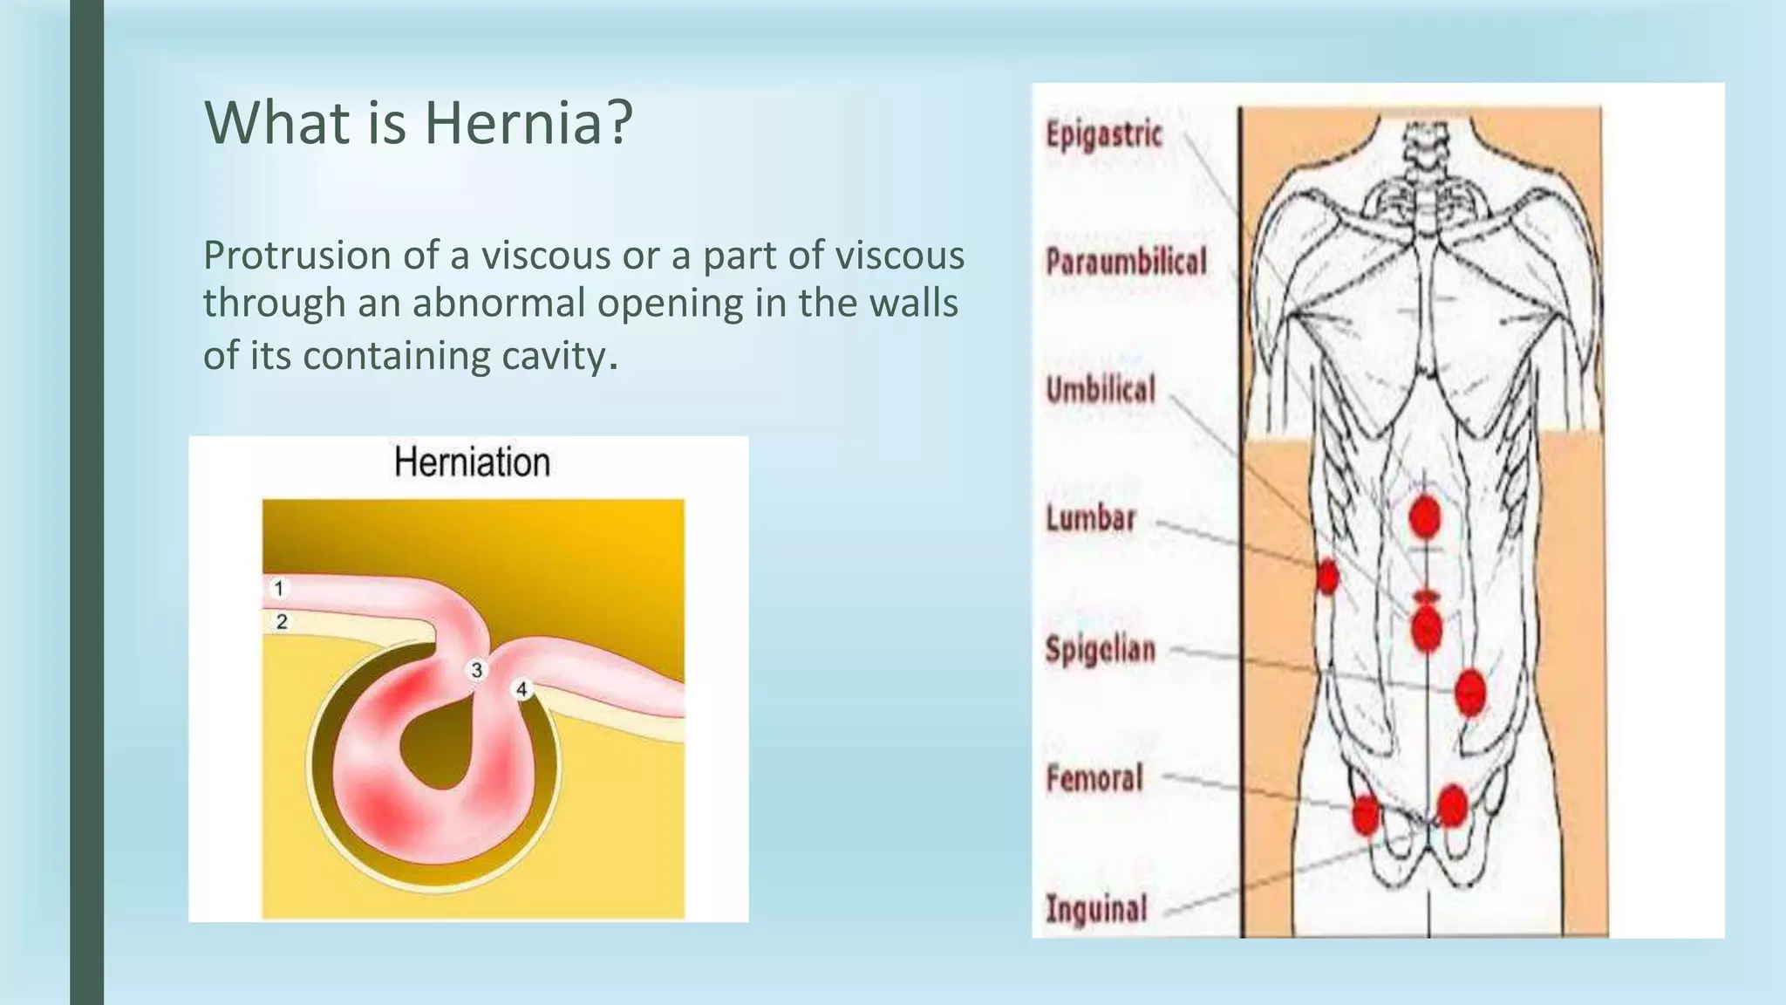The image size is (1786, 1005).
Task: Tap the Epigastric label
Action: point(1104,135)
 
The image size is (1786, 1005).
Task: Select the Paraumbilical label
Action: point(1126,261)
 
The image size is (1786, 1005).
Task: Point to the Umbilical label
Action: point(1101,389)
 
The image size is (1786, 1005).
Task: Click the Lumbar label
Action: point(1091,518)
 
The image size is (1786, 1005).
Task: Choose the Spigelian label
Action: point(1101,649)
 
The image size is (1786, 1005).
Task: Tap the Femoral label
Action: point(1094,777)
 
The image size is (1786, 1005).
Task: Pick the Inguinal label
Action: point(1096,908)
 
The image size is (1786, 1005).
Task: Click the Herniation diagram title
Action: point(472,462)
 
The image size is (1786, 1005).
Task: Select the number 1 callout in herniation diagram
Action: point(279,589)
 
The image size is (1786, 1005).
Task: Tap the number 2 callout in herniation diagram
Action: point(281,622)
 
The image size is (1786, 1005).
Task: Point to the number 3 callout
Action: point(477,670)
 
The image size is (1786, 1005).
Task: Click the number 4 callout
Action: point(521,689)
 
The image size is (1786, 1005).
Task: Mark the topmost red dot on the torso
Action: point(1424,518)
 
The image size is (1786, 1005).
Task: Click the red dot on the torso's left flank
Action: point(1326,576)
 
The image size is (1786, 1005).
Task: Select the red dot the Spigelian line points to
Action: point(1469,692)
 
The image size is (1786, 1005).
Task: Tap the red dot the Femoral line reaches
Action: point(1366,815)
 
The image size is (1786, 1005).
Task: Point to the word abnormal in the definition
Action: point(503,304)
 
